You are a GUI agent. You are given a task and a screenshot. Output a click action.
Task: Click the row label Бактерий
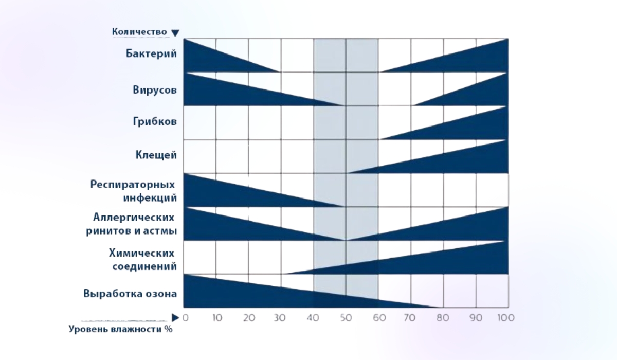pyautogui.click(x=151, y=54)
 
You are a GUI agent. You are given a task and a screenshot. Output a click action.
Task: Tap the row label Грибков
pyautogui.click(x=155, y=122)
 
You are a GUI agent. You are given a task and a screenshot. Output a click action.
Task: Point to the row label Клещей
pyautogui.click(x=156, y=154)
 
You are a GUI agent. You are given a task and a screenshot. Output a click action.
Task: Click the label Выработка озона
pyautogui.click(x=130, y=294)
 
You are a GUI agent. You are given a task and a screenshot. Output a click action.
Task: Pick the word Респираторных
pyautogui.click(x=133, y=184)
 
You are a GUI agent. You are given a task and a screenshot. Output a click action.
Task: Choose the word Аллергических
pyautogui.click(x=134, y=217)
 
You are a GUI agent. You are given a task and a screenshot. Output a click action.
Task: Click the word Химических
pyautogui.click(x=141, y=253)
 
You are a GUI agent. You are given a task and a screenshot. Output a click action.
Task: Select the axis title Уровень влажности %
pyautogui.click(x=121, y=330)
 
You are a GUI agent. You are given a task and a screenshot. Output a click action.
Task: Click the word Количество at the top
pyautogui.click(x=139, y=32)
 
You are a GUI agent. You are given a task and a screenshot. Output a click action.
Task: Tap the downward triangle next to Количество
pyautogui.click(x=175, y=33)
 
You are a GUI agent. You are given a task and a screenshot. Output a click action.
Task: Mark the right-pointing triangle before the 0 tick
pyautogui.click(x=176, y=317)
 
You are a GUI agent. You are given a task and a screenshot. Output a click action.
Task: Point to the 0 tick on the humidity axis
pyautogui.click(x=185, y=318)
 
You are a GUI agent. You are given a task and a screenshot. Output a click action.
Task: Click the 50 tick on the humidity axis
pyautogui.click(x=346, y=318)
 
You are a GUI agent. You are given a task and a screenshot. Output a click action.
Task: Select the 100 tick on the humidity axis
pyautogui.click(x=506, y=318)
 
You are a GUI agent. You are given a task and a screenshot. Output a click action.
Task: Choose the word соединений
pyautogui.click(x=144, y=266)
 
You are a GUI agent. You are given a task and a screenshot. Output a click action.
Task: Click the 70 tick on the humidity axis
pyautogui.click(x=410, y=318)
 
